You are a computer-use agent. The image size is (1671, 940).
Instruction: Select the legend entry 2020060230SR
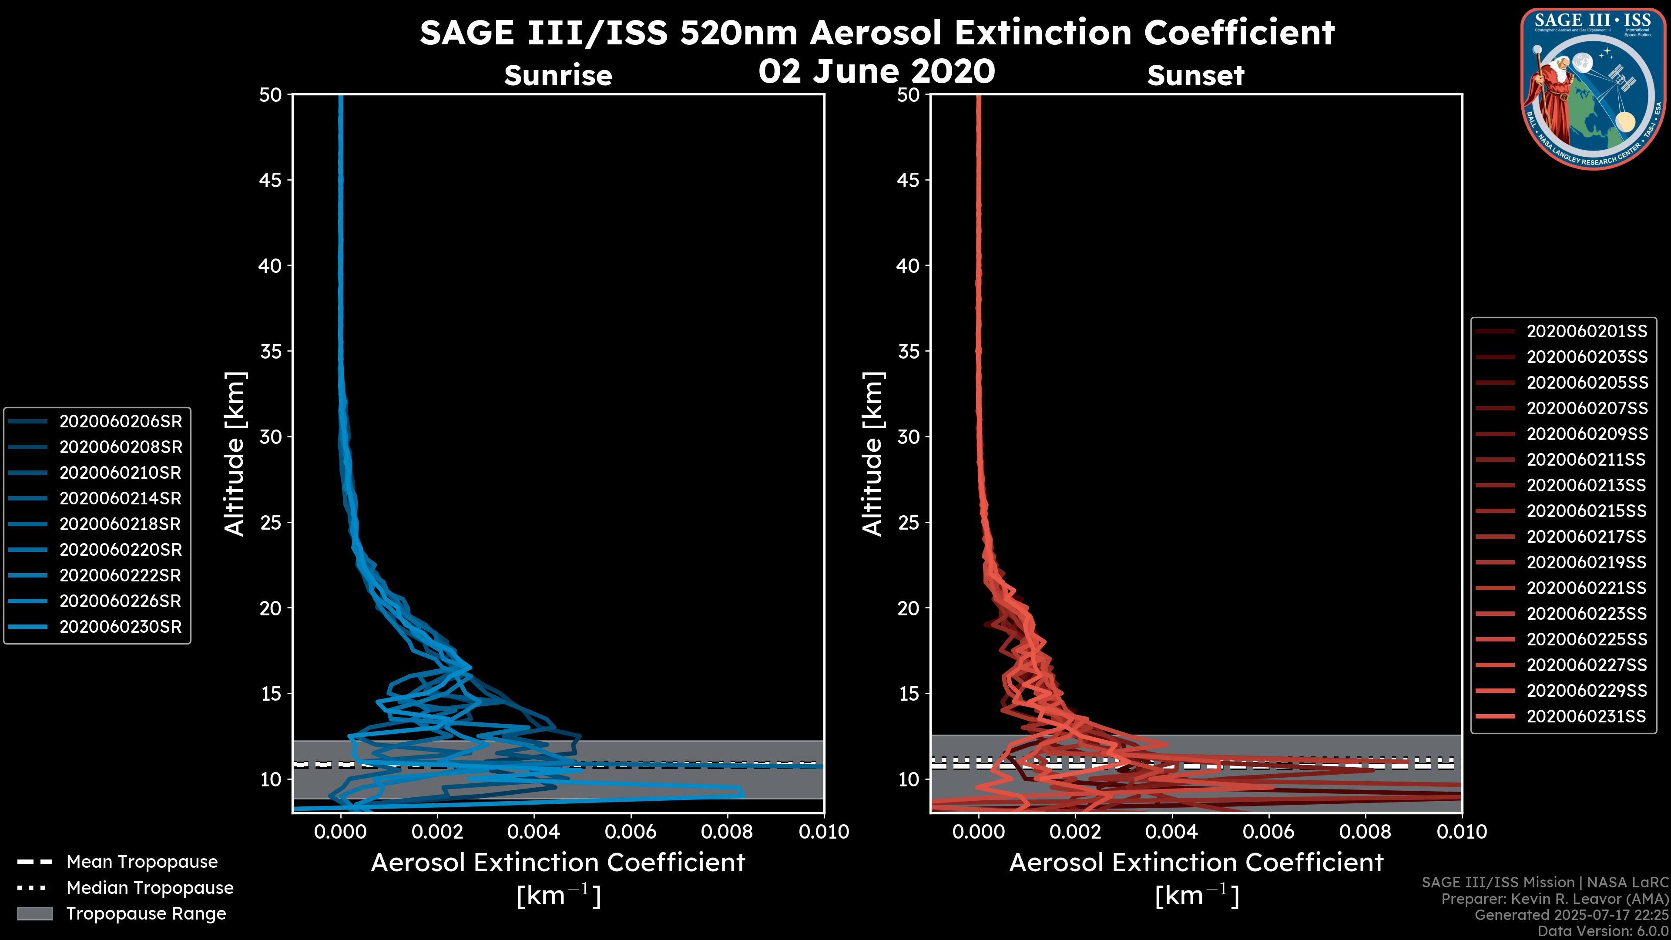121,627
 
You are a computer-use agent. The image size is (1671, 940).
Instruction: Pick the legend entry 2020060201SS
1587,332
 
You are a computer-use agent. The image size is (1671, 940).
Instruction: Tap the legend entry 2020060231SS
1587,716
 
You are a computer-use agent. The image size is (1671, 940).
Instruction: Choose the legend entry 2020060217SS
1587,537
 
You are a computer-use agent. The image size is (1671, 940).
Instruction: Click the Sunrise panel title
558,76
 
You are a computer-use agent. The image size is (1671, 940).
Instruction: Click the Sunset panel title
1195,76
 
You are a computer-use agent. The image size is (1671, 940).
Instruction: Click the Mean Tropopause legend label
142,862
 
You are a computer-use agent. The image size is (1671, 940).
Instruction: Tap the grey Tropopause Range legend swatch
34,914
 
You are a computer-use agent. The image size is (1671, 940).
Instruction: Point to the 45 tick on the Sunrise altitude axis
271,180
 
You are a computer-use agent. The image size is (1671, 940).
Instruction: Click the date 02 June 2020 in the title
876,71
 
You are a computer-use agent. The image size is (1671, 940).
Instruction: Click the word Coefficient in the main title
1238,33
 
